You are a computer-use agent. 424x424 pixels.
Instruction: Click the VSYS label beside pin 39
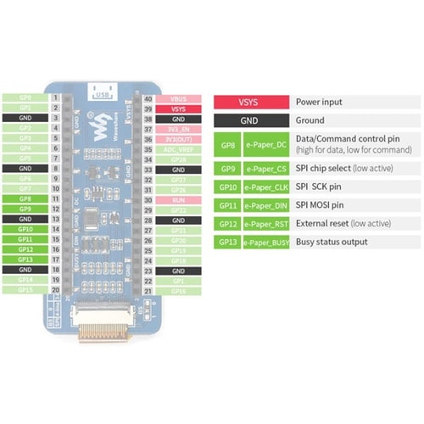pos(178,109)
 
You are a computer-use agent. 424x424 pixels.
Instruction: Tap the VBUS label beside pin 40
pos(178,99)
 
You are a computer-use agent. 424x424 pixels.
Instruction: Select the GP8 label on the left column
pos(25,198)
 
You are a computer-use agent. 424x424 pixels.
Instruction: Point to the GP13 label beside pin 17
pos(25,259)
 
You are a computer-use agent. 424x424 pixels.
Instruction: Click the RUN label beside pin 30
pos(178,199)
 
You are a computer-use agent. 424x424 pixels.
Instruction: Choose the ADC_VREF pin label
pos(178,149)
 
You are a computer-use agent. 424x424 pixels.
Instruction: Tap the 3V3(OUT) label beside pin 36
pos(178,139)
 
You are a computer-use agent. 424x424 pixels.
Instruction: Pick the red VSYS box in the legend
pos(248,102)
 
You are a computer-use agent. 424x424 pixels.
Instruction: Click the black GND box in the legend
pos(248,120)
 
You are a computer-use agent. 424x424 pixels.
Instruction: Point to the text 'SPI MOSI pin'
pos(321,204)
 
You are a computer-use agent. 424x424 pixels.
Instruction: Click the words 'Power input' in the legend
pos(319,102)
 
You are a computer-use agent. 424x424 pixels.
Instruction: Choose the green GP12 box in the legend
pos(226,224)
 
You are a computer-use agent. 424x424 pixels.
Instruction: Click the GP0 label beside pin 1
pos(25,99)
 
